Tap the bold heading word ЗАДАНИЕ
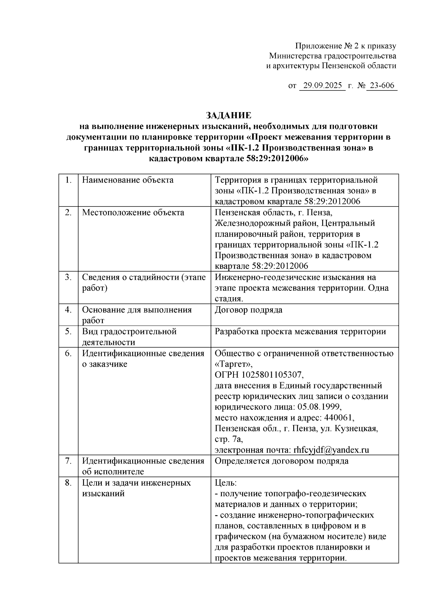228,115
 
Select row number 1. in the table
69,180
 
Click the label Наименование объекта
128,180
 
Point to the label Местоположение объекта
133,213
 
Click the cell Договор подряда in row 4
248,310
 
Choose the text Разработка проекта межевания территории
300,332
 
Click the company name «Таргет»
234,364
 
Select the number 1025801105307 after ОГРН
272,375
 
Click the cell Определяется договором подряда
281,461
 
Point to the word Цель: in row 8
226,483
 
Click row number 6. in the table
69,353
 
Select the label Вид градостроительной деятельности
129,337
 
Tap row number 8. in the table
69,483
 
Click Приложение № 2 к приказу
346,46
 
